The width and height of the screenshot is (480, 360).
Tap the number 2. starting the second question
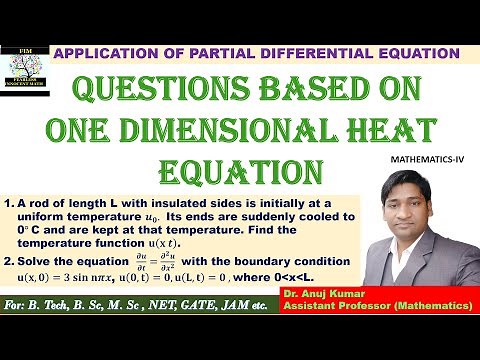pos(8,261)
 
